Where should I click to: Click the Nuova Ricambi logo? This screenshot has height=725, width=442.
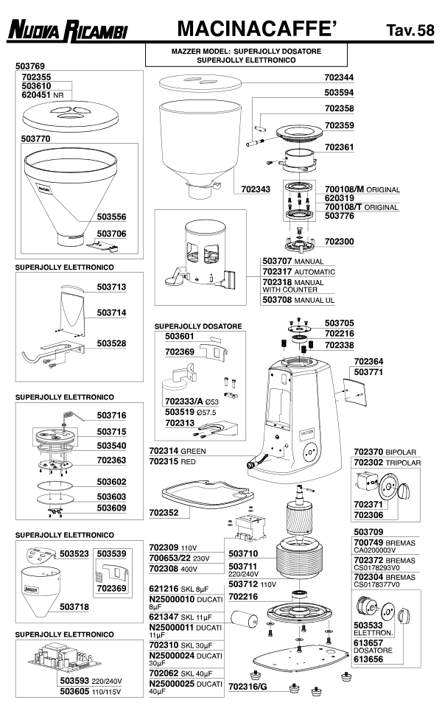[68, 30]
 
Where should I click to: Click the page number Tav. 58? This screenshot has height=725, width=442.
[410, 30]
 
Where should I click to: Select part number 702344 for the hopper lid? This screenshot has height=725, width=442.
[339, 77]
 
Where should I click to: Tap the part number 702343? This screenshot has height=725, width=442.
[256, 189]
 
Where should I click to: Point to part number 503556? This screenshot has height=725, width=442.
[111, 217]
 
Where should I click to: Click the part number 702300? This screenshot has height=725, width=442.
[340, 242]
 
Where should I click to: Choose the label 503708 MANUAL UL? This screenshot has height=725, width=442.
[298, 300]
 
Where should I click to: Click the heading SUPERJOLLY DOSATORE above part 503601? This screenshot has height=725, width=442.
[198, 326]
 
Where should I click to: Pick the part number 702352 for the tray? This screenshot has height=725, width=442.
[164, 512]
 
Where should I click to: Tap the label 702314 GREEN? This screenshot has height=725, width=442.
[178, 451]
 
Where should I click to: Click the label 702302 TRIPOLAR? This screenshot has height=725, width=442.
[387, 463]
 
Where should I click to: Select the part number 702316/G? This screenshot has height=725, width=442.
[248, 687]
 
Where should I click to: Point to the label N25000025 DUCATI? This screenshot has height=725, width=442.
[186, 684]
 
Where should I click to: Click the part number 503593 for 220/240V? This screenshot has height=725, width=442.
[74, 681]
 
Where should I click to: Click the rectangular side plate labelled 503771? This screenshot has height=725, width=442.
[355, 392]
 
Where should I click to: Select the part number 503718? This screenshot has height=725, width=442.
[74, 606]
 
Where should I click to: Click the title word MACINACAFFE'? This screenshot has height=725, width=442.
[257, 29]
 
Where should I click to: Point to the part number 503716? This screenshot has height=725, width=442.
[111, 416]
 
